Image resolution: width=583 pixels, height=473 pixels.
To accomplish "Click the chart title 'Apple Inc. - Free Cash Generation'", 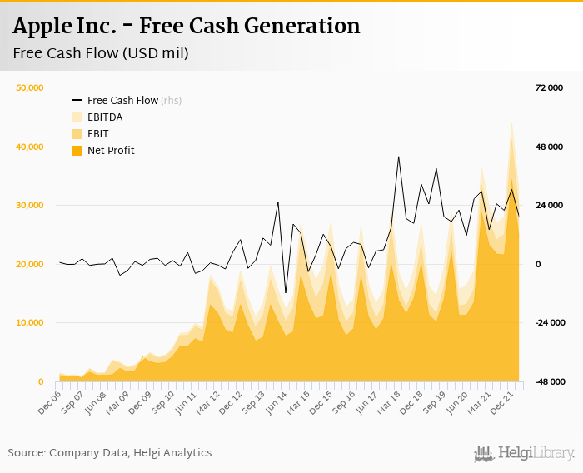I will (187, 26).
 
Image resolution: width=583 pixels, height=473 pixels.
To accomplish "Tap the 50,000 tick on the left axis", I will (30, 87).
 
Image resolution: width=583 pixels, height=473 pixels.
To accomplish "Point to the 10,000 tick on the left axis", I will (30, 323).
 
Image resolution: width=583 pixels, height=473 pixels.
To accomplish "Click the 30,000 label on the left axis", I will (30, 206).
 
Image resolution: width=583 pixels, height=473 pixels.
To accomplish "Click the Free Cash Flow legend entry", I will (122, 101).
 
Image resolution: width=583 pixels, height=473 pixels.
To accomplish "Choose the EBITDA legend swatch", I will (77, 117).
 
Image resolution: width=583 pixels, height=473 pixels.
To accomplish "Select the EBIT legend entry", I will (97, 134).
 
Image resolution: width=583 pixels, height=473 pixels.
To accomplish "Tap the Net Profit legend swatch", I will (77, 151).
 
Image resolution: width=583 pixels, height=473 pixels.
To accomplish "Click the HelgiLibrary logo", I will (525, 453).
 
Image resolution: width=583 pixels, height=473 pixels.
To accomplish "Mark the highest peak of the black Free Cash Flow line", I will (399, 157).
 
